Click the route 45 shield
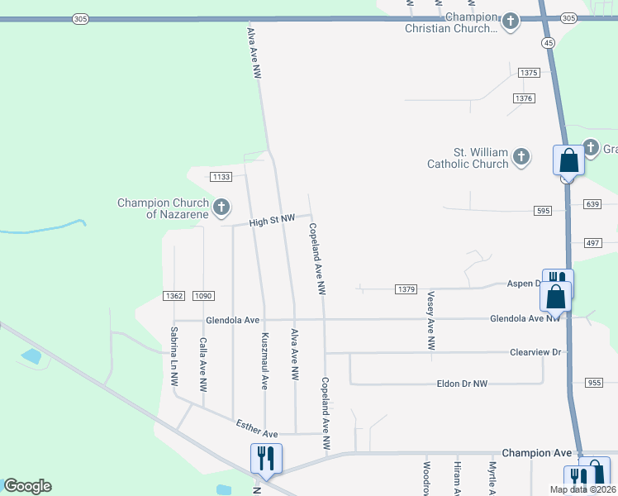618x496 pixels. pos(548,42)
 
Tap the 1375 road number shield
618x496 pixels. pos(529,73)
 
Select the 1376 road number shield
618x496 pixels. pos(524,98)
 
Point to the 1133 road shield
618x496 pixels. pos(221,177)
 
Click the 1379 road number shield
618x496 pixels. pos(406,289)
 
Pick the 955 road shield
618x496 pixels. pos(594,383)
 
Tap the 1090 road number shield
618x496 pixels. pos(203,296)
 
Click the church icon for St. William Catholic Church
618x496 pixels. pos(521,155)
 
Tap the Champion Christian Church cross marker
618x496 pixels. pos(511,20)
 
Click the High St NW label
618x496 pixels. pos(273,219)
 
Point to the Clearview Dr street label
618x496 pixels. pos(535,352)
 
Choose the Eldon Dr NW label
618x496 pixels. pos(462,384)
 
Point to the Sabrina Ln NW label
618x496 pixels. pos(174,357)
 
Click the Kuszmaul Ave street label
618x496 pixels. pos(265,361)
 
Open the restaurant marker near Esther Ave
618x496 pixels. pos(266,458)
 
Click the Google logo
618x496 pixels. pos(27,486)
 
